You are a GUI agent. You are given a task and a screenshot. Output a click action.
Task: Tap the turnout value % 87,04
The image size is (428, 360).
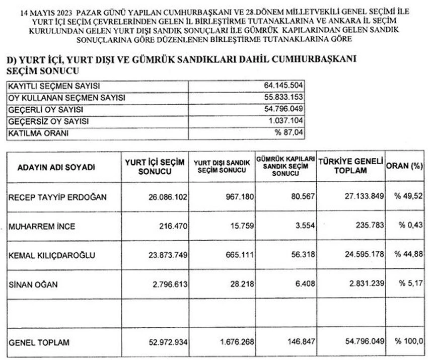point(289,133)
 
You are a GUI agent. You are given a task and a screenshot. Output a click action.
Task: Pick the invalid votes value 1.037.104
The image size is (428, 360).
point(286,121)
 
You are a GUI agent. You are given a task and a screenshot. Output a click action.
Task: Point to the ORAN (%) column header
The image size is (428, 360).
point(405,166)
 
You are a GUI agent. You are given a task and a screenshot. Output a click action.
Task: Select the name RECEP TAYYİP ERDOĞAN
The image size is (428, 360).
point(58,197)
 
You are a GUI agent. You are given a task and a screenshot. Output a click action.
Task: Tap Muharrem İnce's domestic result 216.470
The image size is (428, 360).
point(169,226)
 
